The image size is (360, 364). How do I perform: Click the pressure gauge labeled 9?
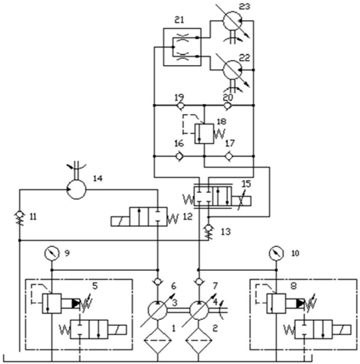pyautogui.click(x=52, y=253)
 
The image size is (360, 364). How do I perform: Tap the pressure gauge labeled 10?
pyautogui.click(x=276, y=253)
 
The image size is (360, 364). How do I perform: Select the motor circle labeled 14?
pyautogui.click(x=76, y=189)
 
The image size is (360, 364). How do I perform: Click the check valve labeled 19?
pyautogui.click(x=180, y=105)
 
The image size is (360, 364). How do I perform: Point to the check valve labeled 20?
pyautogui.click(x=227, y=105)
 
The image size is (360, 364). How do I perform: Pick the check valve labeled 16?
pyautogui.click(x=179, y=156)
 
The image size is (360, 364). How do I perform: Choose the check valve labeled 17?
pyautogui.click(x=229, y=156)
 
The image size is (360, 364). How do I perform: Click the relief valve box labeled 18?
pyautogui.click(x=204, y=134)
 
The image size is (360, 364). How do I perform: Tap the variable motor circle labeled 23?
pyautogui.click(x=232, y=21)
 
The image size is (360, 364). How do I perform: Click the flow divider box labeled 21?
pyautogui.click(x=182, y=47)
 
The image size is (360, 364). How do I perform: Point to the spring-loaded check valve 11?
pyautogui.click(x=19, y=218)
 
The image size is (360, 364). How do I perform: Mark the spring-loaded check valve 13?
pyautogui.click(x=208, y=232)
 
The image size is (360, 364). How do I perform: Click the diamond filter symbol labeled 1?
pyautogui.click(x=157, y=341)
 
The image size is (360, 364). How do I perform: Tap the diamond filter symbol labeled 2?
pyautogui.click(x=198, y=341)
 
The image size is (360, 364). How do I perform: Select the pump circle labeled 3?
pyautogui.click(x=157, y=310)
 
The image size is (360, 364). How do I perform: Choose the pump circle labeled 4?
pyautogui.click(x=199, y=310)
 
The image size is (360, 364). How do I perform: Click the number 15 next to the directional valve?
pyautogui.click(x=246, y=184)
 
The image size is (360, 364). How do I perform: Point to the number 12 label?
pyautogui.click(x=188, y=217)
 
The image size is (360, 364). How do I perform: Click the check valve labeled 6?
pyautogui.click(x=157, y=282)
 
